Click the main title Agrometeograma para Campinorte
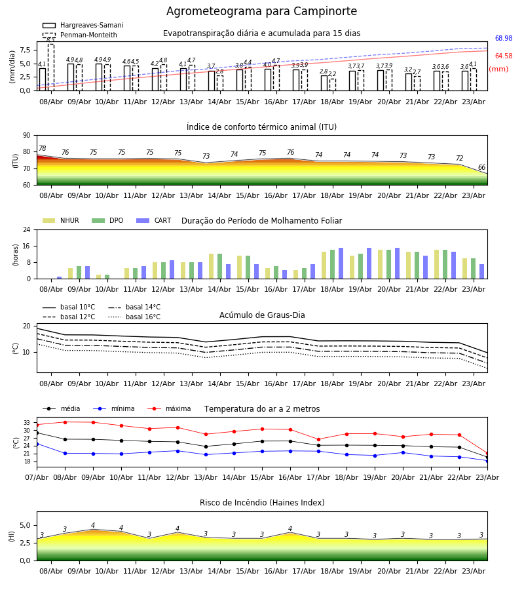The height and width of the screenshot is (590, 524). [261, 11]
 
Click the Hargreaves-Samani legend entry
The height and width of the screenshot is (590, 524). [83, 25]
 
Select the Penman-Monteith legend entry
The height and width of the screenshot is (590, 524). [80, 35]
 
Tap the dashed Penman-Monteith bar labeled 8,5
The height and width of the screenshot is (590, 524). [51, 68]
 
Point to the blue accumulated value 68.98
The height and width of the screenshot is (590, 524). [504, 39]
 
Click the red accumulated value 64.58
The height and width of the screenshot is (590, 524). [504, 56]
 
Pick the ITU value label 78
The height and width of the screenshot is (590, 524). [43, 148]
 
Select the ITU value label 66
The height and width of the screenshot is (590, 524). [481, 167]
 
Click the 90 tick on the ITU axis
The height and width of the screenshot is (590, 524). [27, 136]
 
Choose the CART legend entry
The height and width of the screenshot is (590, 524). [154, 220]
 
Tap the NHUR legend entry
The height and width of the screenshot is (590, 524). [61, 220]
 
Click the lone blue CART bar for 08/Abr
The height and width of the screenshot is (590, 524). [60, 278]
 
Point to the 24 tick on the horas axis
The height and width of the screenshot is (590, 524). [27, 229]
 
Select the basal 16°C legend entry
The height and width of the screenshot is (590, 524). [134, 317]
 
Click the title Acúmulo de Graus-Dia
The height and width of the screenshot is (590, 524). [262, 315]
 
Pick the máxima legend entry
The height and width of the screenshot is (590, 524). [169, 408]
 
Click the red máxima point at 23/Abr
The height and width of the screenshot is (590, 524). [487, 454]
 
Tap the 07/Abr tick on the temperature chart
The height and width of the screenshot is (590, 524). [37, 477]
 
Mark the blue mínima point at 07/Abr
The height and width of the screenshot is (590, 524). [37, 444]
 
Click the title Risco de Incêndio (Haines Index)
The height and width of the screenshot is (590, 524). [262, 503]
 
